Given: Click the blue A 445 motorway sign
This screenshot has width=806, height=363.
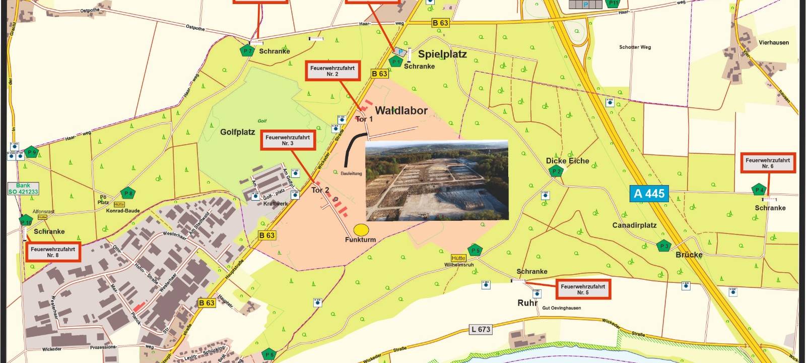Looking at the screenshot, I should [649, 194].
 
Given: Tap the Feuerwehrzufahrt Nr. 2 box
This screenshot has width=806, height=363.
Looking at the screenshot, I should [332, 71].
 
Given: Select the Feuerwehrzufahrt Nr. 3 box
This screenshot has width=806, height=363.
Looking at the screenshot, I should [288, 140].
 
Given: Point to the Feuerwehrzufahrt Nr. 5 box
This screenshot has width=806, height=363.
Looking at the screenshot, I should [583, 289].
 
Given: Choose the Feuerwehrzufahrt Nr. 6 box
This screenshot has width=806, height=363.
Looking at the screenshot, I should [768, 163].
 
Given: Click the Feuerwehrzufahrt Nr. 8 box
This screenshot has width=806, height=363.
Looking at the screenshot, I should [53, 252].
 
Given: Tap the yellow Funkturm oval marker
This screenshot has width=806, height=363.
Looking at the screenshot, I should [361, 230].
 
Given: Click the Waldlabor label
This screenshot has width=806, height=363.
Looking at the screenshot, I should [401, 110].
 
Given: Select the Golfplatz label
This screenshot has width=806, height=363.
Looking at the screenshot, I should [237, 132].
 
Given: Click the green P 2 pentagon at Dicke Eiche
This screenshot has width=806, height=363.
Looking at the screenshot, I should [556, 171].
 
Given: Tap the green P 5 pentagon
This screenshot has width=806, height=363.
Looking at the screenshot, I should [475, 250].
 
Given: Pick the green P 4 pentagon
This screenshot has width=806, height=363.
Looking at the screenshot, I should [759, 190].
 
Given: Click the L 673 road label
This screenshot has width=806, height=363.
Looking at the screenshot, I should [481, 330].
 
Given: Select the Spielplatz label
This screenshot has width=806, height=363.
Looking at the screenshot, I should [442, 54].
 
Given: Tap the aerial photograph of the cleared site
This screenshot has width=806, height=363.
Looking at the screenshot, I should [436, 180].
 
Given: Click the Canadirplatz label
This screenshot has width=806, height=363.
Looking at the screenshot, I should [634, 225].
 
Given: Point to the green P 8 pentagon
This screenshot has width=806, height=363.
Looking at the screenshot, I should [128, 193].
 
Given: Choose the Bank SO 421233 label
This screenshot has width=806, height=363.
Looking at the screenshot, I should [23, 189].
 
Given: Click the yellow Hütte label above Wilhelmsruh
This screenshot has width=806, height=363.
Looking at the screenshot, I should [458, 258].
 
